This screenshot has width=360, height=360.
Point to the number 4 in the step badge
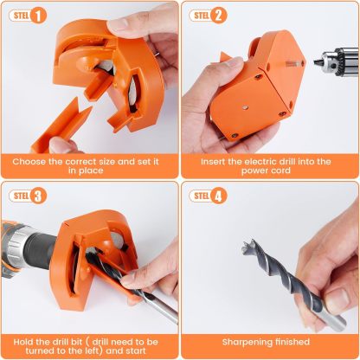(x=219, y=196)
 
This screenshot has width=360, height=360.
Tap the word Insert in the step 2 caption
(x=215, y=160)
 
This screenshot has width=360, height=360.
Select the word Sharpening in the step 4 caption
(x=247, y=341)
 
